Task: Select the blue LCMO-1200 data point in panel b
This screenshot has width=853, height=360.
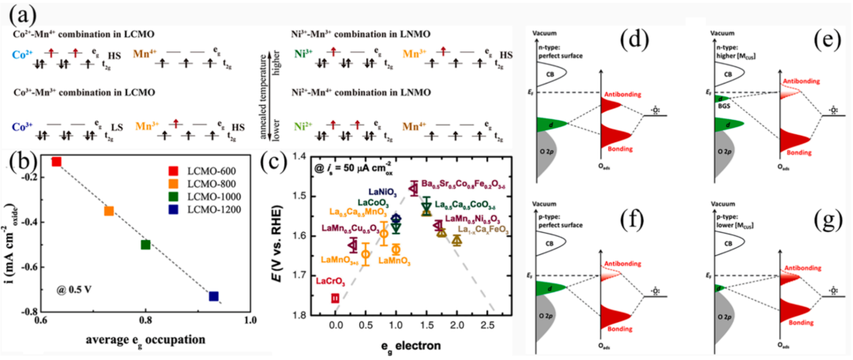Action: click(x=213, y=296)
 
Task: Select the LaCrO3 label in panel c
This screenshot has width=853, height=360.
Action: click(x=319, y=282)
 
